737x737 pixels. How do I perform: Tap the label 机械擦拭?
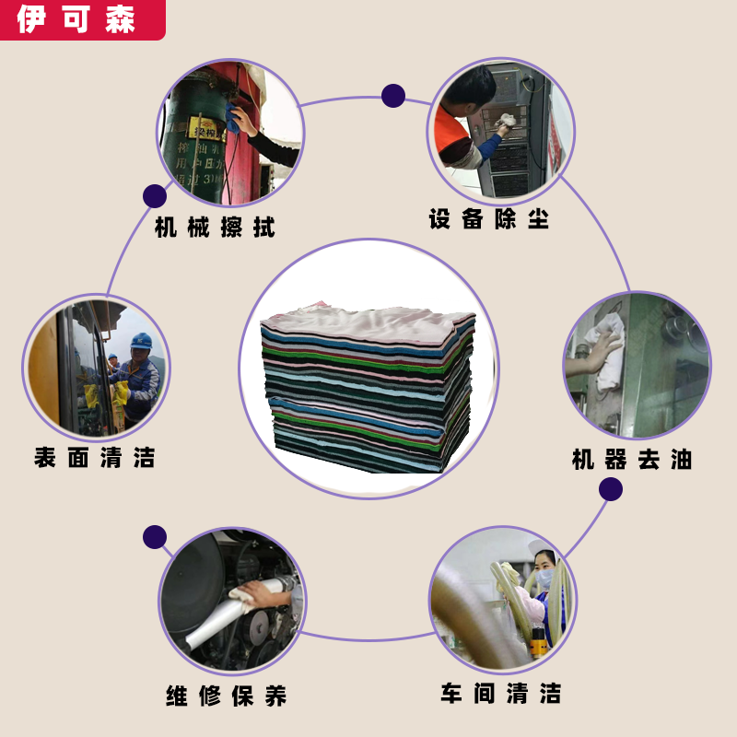215,227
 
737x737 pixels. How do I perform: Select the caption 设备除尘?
488,219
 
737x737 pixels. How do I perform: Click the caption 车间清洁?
500,694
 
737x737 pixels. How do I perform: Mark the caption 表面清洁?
94,457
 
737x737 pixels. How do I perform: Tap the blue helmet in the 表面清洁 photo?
141,341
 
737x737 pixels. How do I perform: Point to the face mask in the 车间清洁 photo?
545,578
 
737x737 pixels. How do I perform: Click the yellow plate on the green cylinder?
205,127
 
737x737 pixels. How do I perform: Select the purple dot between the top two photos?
393,96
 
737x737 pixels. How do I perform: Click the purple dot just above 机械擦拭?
155,195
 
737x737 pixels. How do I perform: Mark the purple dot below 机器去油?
610,489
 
